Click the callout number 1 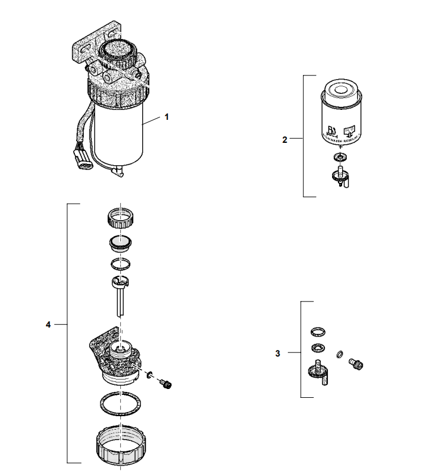pos(166,117)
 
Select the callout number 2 pos(285,139)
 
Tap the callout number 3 pos(278,354)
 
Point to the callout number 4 pos(48,324)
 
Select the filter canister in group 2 pos(341,115)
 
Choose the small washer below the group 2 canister pos(340,158)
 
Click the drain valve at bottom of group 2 pos(340,176)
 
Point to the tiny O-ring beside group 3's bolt pos(340,354)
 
